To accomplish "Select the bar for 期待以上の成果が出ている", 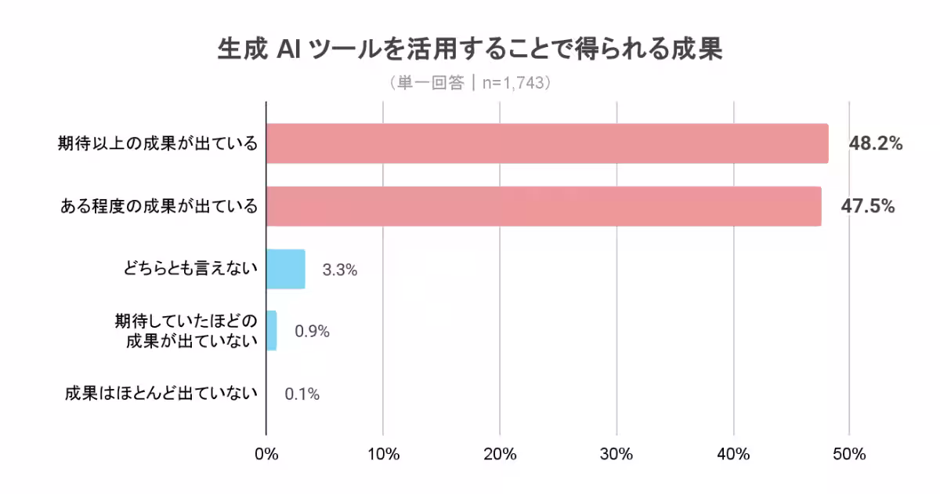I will (547, 143).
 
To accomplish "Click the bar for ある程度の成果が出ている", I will (544, 206).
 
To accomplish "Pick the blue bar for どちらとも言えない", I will (286, 269).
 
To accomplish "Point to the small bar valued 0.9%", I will (272, 331).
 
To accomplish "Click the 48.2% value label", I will (876, 143).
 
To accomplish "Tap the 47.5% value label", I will (868, 206).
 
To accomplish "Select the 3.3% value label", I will (340, 270).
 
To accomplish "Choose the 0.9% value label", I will (312, 332).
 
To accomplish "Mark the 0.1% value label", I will (302, 394).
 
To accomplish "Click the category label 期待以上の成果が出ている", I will (157, 143).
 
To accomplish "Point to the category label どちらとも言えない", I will (190, 270).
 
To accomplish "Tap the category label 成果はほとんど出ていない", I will (161, 394).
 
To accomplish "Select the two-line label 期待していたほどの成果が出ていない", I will (186, 331).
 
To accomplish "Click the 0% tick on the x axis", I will (266, 455).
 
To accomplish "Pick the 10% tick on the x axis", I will (383, 455).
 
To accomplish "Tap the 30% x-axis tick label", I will (616, 455).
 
